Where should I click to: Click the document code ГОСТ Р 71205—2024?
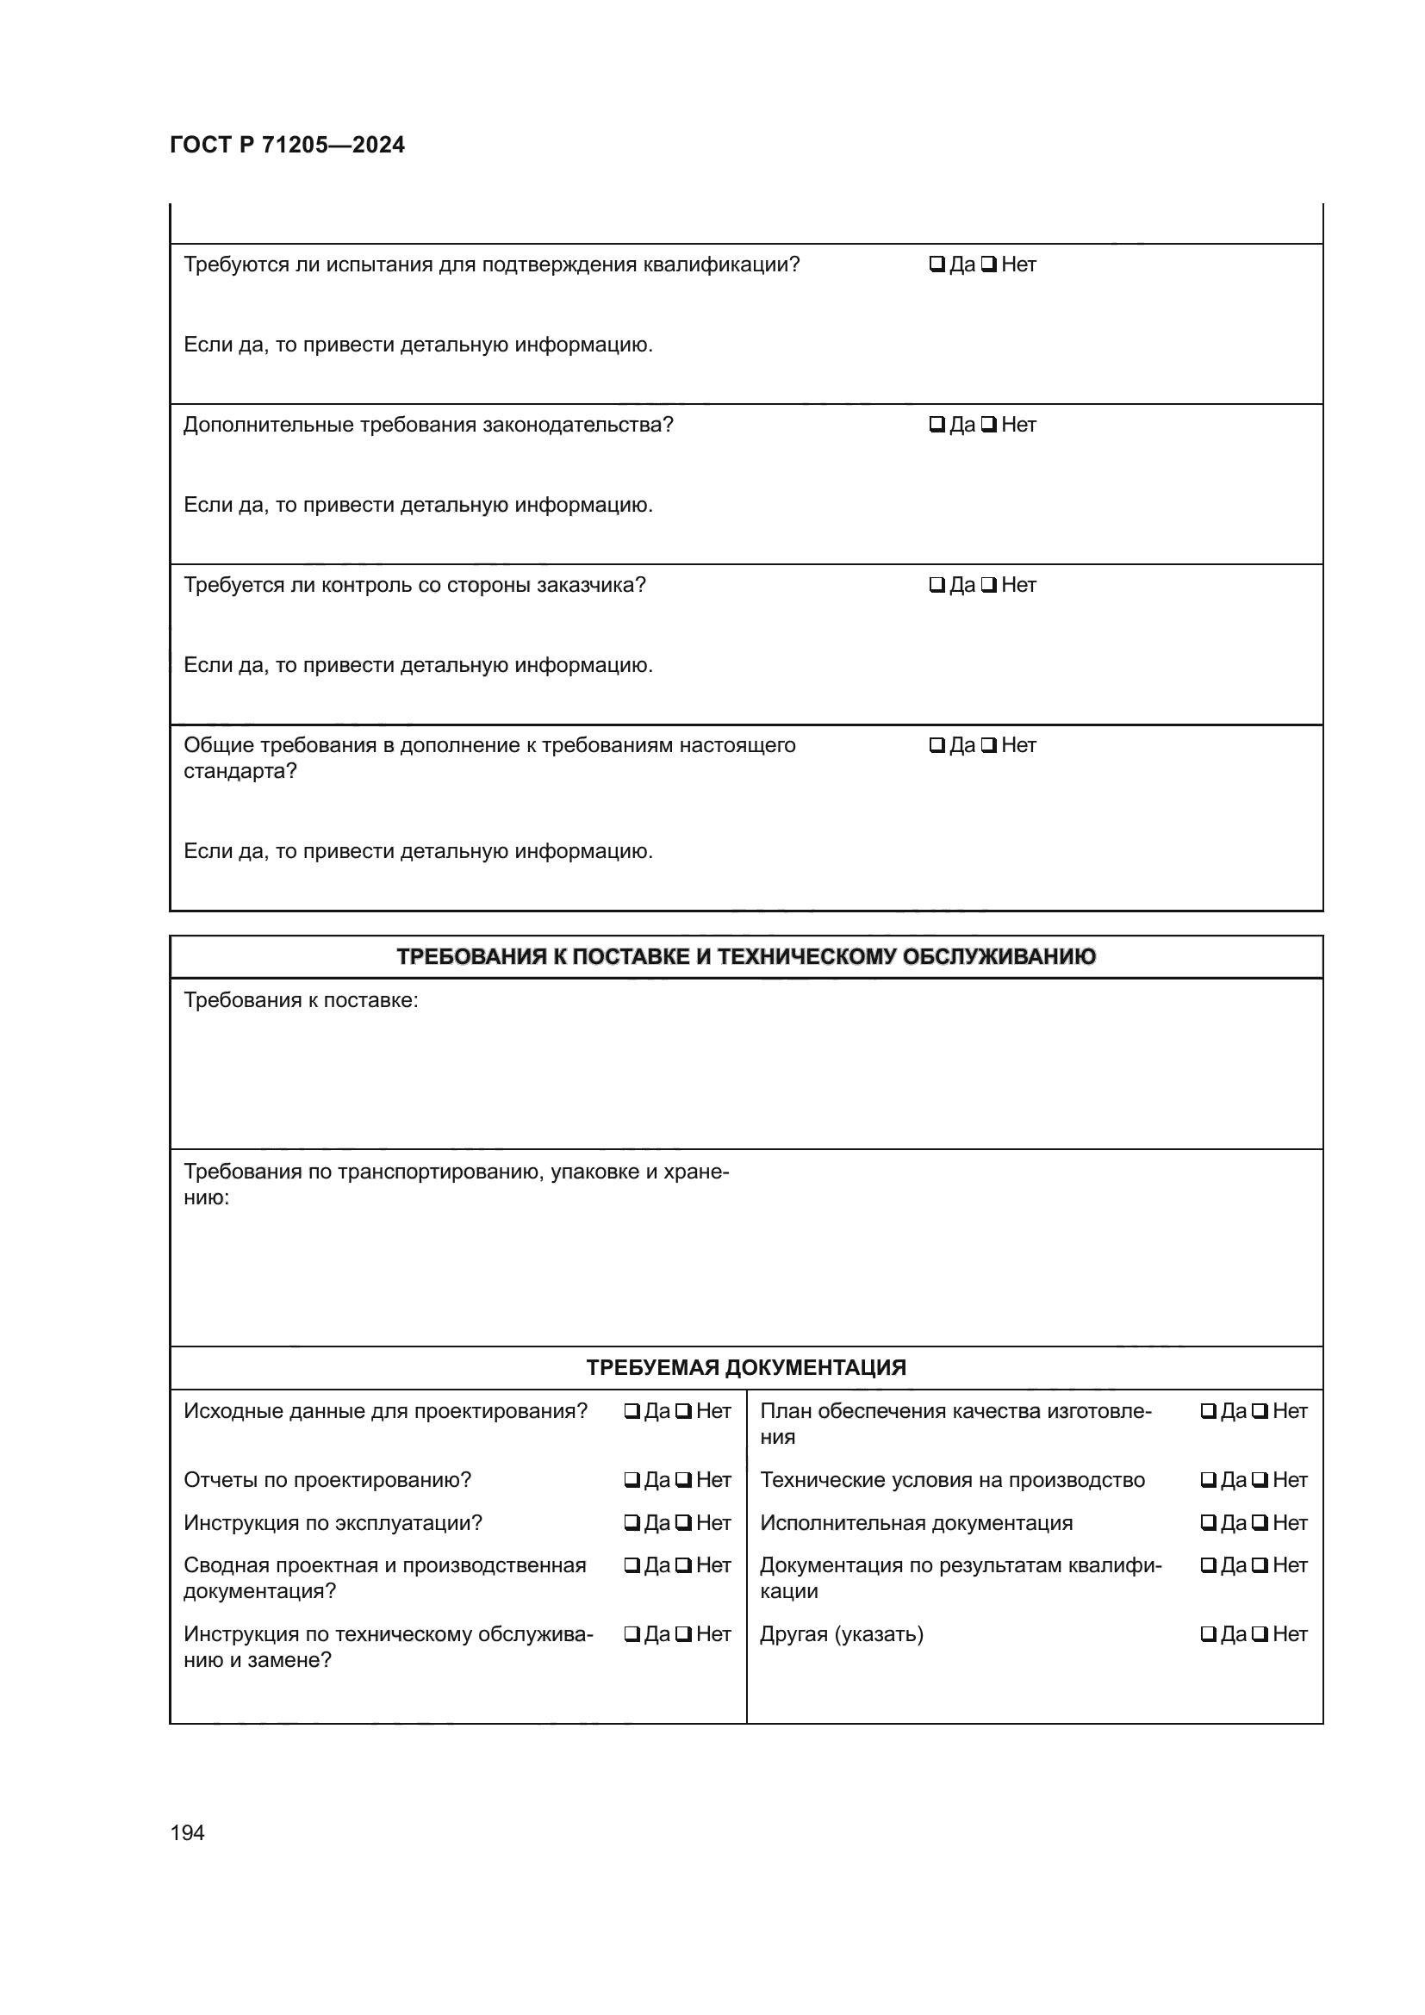point(287,145)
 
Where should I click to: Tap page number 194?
point(187,1832)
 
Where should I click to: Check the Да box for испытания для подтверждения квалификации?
point(937,264)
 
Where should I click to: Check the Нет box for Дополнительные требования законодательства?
point(988,425)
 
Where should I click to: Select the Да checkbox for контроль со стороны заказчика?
point(937,585)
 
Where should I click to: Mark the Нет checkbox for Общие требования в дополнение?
point(988,746)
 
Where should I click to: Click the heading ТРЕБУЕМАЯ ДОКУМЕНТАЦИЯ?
point(746,1367)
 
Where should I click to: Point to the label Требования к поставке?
point(300,1000)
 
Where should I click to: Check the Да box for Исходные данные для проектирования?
point(632,1412)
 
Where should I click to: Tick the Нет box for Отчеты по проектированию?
point(682,1481)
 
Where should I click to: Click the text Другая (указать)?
point(841,1634)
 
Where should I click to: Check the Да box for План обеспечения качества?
point(1208,1412)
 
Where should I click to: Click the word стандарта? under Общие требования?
point(240,771)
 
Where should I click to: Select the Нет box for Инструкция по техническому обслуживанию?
point(682,1635)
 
